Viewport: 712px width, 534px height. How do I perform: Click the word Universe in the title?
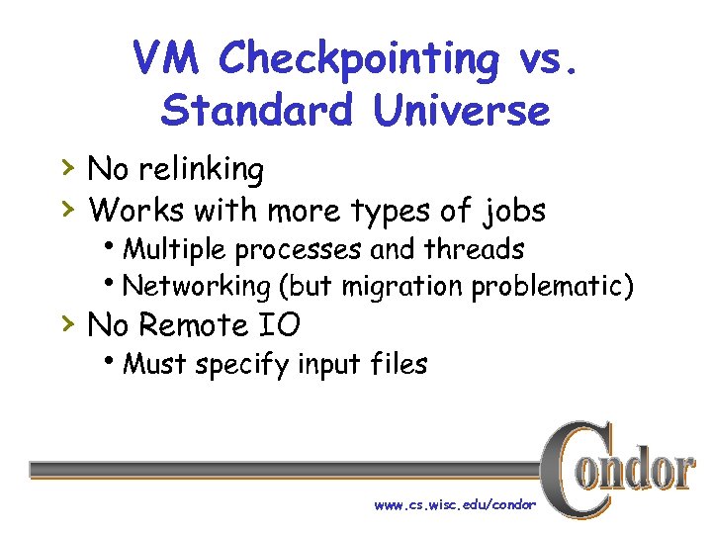[461, 111]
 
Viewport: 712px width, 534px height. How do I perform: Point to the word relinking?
[202, 170]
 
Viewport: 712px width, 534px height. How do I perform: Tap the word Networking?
[197, 287]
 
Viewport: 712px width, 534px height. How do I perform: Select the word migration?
[404, 287]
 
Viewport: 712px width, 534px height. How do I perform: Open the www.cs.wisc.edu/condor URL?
[454, 504]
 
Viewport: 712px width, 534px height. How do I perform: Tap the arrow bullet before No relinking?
[67, 168]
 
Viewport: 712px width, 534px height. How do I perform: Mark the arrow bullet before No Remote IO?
[67, 322]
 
